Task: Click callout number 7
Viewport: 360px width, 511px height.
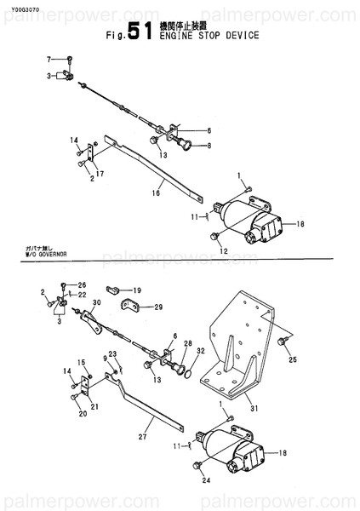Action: coord(49,59)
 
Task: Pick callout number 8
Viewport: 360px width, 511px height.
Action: coord(209,146)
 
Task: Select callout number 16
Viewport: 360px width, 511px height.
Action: coord(156,194)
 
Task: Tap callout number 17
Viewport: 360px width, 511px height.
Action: coord(100,175)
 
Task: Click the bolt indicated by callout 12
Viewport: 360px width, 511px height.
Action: coord(219,236)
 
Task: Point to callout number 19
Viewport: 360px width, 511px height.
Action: coord(136,290)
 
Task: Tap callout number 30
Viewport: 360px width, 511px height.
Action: coord(96,303)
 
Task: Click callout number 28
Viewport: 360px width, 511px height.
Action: coord(187,343)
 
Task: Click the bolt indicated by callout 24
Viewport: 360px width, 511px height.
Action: coord(198,466)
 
